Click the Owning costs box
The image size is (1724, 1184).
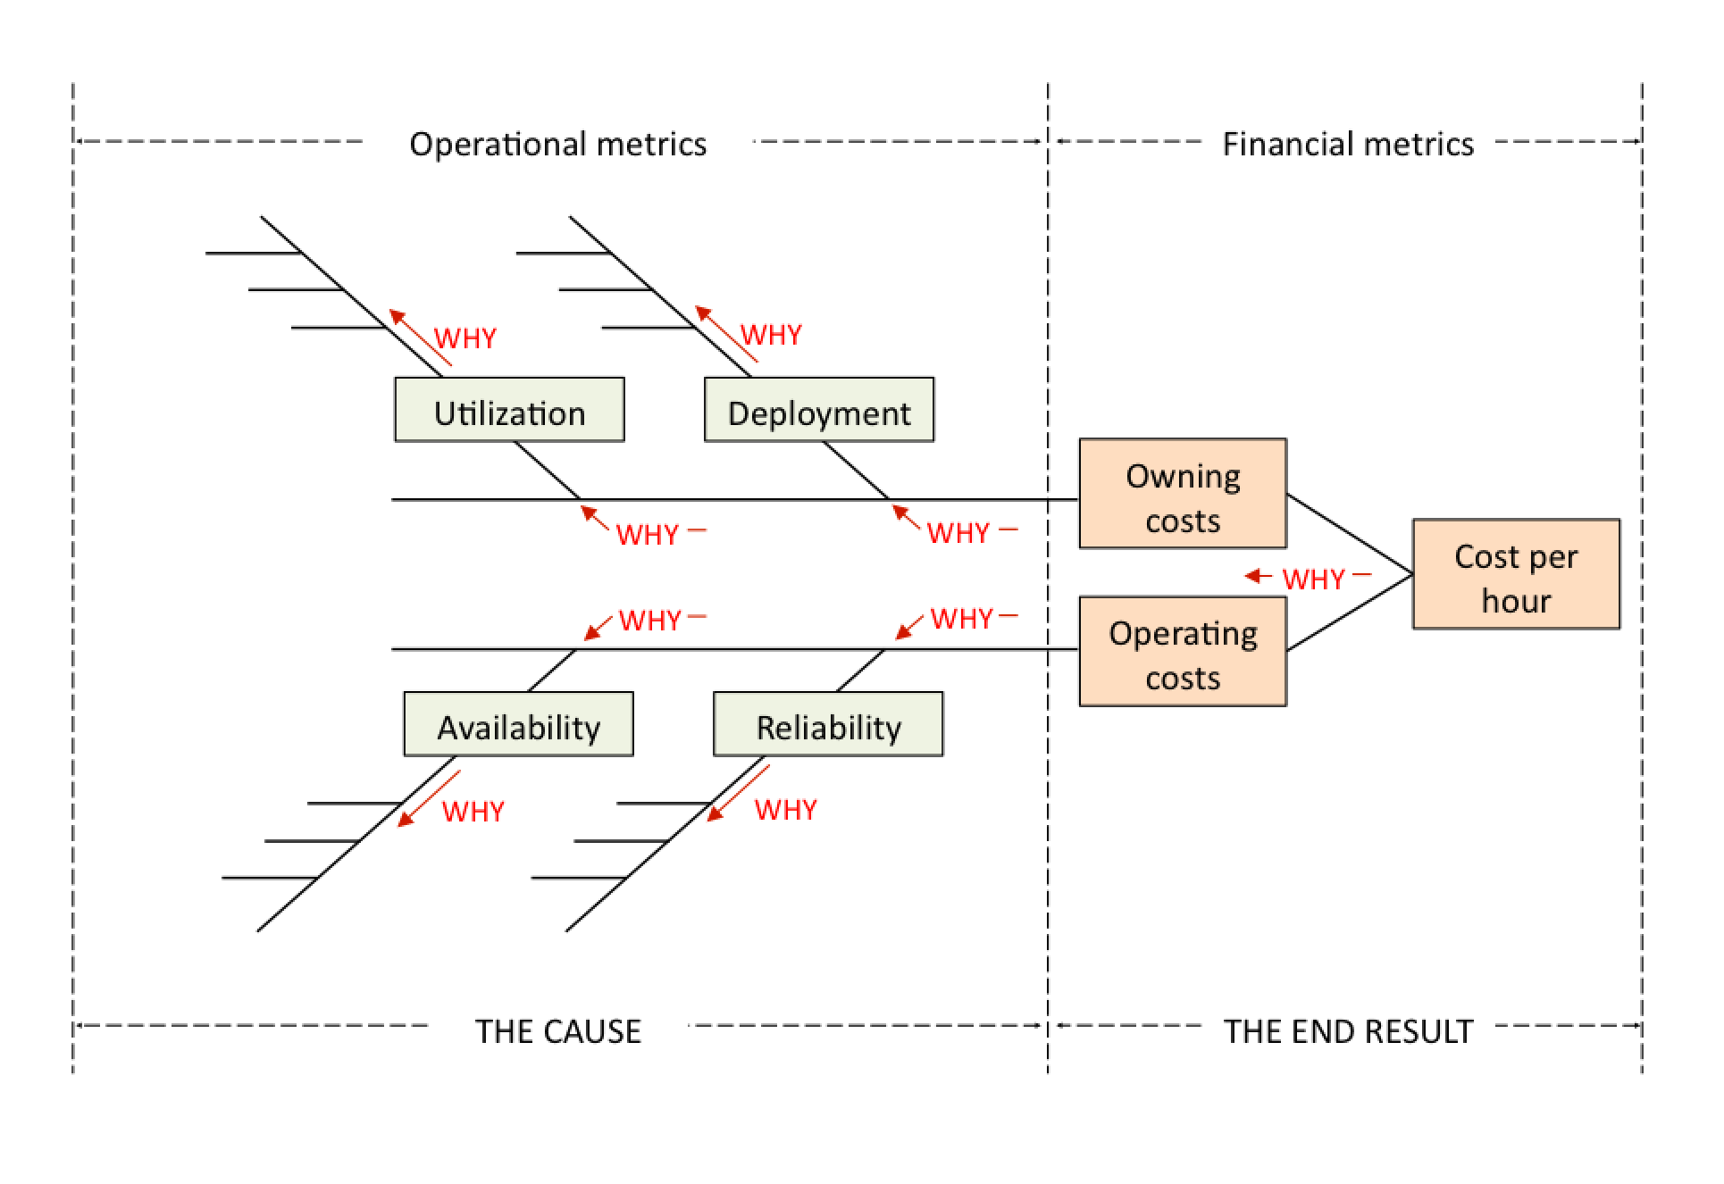coord(1183,494)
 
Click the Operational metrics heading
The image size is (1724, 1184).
coord(557,144)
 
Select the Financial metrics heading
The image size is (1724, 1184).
coord(1348,144)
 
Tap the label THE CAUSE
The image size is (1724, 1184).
coord(557,1031)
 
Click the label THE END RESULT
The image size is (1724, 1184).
coord(1348,1031)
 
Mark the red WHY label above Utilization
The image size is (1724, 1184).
coord(465,338)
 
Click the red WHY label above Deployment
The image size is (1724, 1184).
coord(772,335)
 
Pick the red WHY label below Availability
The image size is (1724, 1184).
coord(473,812)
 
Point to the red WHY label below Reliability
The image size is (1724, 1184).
coord(786,810)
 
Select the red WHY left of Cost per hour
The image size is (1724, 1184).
coord(1314,579)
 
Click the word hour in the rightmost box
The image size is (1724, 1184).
coord(1516,600)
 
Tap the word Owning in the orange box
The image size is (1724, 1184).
coord(1183,476)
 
